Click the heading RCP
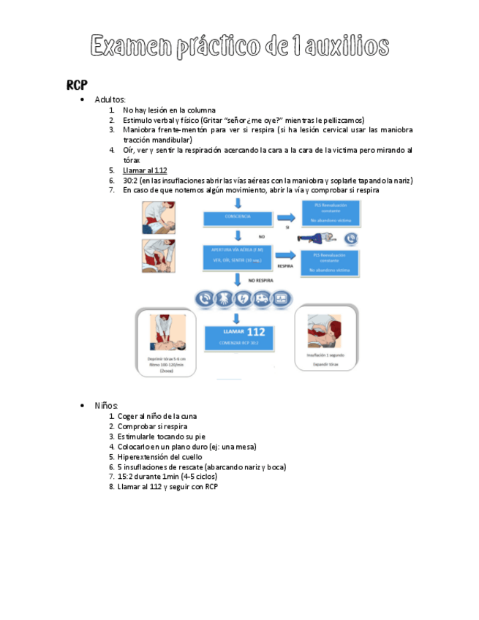77,85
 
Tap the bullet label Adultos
110,99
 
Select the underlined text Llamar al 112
145,170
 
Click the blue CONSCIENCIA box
235,217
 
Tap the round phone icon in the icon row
204,299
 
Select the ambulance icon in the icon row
261,299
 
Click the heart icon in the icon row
242,299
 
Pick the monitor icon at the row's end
281,299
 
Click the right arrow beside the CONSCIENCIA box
287,217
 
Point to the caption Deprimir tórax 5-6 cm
166,359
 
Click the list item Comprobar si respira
152,426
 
